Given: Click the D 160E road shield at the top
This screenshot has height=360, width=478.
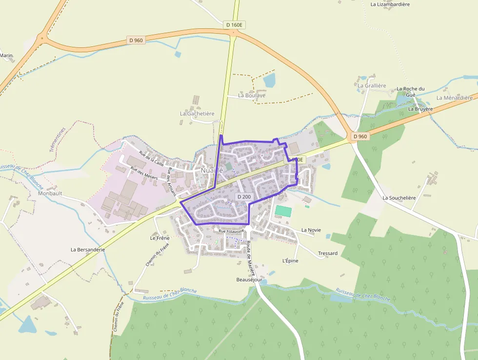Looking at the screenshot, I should click(x=234, y=24).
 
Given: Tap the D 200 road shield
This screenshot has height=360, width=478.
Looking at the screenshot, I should click(x=243, y=196).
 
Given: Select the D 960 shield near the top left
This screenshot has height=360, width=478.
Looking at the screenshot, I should click(x=136, y=40).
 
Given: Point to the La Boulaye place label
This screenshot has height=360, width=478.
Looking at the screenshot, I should click(x=252, y=95).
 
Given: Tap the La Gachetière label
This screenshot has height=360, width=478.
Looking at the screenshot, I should click(x=197, y=113).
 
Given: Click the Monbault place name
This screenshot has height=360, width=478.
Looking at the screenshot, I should click(x=50, y=193).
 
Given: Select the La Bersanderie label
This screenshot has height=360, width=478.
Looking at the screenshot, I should click(x=88, y=249).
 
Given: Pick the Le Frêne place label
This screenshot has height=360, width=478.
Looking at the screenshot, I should click(x=159, y=238).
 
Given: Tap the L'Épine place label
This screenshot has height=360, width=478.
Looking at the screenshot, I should click(x=290, y=261).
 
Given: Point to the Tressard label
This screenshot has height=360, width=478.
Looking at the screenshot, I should click(x=328, y=253).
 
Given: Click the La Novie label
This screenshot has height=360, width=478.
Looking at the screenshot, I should click(x=311, y=230).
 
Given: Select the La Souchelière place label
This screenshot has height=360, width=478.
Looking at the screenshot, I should click(x=399, y=198).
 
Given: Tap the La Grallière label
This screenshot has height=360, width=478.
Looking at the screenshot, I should click(x=372, y=85).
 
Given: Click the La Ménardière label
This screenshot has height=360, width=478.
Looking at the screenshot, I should click(x=455, y=98).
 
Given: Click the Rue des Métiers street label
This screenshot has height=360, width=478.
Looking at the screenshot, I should click(x=144, y=173).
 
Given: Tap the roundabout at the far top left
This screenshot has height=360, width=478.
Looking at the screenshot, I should click(x=42, y=38).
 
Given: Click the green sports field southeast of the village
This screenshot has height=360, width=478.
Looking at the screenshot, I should click(x=283, y=211).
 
